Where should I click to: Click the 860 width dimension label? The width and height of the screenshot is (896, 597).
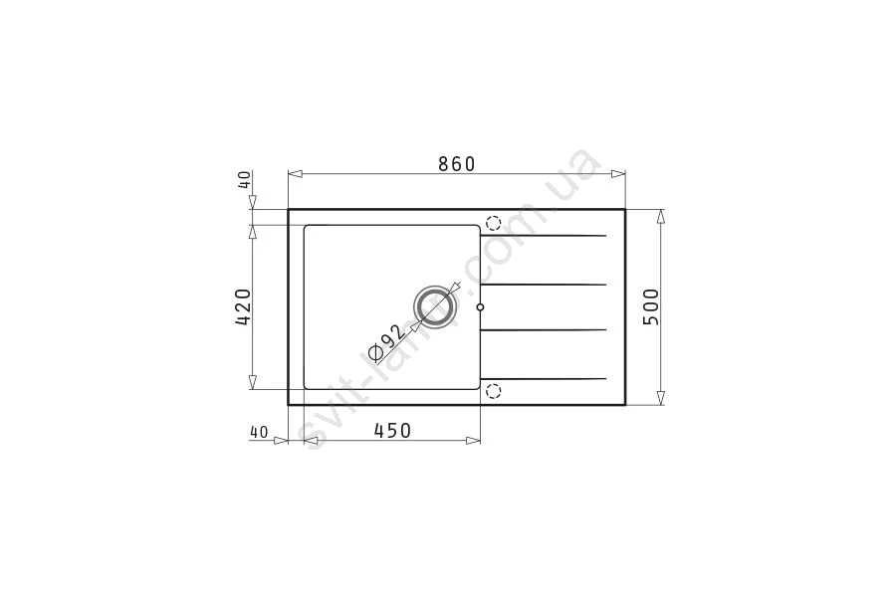[457, 164]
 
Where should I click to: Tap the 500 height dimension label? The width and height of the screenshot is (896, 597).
[651, 306]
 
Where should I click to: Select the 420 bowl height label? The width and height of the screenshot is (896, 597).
[243, 306]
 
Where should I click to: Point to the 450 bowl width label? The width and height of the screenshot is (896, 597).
[392, 430]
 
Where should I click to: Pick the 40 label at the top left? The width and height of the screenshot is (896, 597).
[244, 180]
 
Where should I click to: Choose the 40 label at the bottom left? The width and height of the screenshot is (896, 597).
[259, 433]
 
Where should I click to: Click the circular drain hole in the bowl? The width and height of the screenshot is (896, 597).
[435, 306]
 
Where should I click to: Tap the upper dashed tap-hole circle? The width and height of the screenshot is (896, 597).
[493, 223]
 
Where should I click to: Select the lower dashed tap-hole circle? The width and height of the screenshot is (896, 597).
[493, 391]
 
